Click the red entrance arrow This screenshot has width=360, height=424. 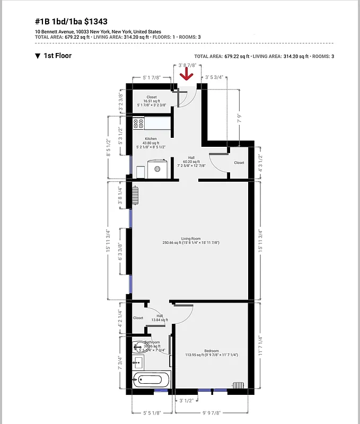186,75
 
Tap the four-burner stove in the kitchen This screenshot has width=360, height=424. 139,123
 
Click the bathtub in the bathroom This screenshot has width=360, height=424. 152,379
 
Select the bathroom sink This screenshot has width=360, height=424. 138,363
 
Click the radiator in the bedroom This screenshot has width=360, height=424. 239,385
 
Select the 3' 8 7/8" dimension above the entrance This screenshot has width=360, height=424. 187,65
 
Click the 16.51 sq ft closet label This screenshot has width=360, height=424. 152,101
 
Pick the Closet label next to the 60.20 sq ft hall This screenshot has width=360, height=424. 239,163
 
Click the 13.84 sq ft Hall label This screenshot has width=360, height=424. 160,318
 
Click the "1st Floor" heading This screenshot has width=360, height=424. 57,56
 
